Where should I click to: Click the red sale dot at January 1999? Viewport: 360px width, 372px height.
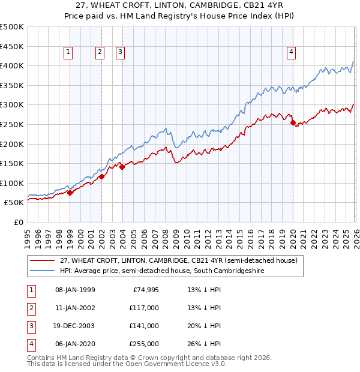(x=70, y=193)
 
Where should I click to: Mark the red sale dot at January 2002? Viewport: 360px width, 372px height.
(x=101, y=176)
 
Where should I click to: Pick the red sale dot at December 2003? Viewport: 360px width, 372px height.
(x=122, y=167)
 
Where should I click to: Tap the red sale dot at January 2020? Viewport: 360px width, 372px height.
(x=293, y=122)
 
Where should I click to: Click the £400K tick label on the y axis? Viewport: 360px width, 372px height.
(x=12, y=65)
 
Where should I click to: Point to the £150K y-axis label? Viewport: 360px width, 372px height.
(x=12, y=163)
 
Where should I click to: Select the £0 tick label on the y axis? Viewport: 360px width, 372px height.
(x=18, y=222)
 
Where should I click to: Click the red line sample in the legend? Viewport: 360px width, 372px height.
(x=42, y=260)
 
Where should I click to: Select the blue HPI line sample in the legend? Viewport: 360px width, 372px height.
(x=42, y=271)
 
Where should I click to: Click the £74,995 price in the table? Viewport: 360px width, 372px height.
(x=145, y=289)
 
